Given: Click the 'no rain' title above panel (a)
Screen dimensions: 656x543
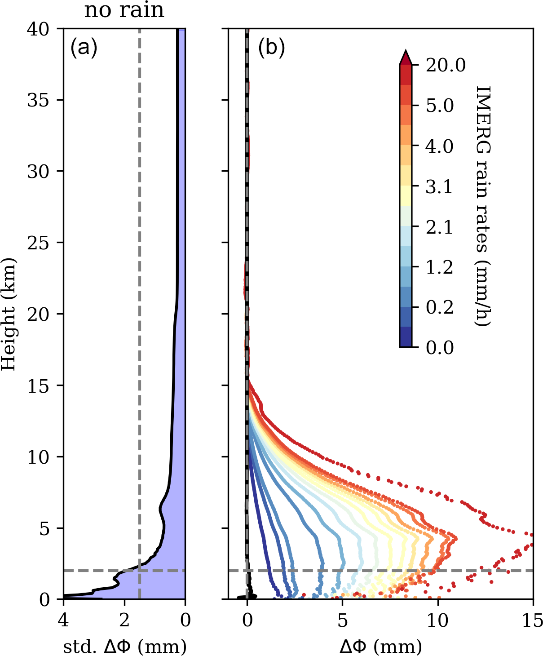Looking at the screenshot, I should [x=124, y=10].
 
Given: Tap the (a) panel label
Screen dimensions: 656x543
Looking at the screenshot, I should [x=84, y=47].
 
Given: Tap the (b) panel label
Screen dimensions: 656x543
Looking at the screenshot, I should [x=271, y=47].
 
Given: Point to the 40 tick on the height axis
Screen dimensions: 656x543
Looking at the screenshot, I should [x=38, y=29].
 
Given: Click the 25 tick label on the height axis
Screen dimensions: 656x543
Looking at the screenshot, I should [x=38, y=243].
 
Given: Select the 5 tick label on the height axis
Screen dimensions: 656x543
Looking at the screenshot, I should [x=44, y=528].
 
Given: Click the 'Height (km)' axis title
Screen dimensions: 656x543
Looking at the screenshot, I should [x=9, y=314].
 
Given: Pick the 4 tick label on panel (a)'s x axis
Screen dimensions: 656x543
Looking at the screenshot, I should [x=63, y=621].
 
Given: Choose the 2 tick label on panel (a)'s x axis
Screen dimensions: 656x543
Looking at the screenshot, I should [x=124, y=621].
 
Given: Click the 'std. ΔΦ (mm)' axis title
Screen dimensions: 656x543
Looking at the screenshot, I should [x=124, y=647].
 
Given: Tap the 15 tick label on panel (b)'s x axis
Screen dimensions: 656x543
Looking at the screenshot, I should [x=533, y=621].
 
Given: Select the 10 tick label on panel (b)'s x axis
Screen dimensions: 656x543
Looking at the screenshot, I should [x=437, y=621].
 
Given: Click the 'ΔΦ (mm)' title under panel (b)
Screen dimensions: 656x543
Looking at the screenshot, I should [x=381, y=647].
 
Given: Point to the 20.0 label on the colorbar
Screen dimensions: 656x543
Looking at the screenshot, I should [x=446, y=66].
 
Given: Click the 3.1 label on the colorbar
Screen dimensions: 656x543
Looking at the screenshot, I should [x=439, y=186].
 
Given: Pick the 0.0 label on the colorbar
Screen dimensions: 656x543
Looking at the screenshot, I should [x=440, y=348].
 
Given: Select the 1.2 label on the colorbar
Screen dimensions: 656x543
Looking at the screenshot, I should [x=439, y=267].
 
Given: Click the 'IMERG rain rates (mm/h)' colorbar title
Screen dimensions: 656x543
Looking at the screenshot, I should [x=483, y=206].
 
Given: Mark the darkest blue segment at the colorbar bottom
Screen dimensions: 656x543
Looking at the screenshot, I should [x=406, y=337].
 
